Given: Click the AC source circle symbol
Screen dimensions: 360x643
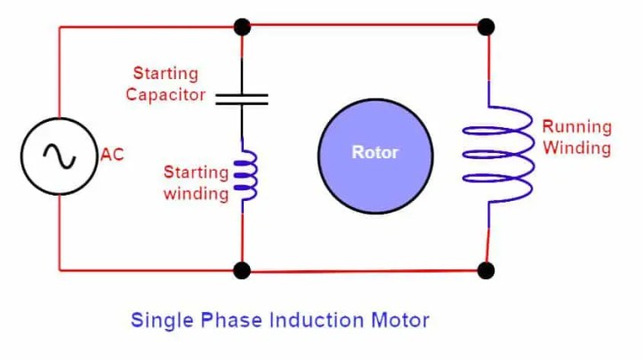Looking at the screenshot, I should (x=60, y=156).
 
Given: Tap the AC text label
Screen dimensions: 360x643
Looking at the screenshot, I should (x=112, y=156).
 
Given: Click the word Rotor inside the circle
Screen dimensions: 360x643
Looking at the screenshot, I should (x=375, y=152).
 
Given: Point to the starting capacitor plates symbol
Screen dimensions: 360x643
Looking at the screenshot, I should (x=242, y=97).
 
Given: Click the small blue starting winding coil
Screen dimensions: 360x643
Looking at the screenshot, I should (x=245, y=175).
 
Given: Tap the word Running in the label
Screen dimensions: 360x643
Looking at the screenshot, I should (x=577, y=126).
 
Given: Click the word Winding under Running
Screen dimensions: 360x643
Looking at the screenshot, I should (x=576, y=148).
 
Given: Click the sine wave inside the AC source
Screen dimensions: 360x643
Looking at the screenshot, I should (x=60, y=156).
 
